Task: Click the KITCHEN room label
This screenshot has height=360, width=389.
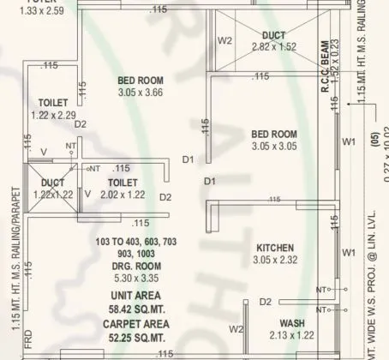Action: (275, 248)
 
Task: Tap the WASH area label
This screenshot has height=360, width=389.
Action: (292, 323)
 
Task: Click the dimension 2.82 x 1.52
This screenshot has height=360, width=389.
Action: (273, 47)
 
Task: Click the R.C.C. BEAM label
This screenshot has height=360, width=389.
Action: (326, 63)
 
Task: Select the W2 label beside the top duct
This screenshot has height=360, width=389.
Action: (225, 40)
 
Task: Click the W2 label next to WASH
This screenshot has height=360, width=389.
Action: (237, 329)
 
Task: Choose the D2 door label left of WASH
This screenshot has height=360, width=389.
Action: (266, 302)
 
